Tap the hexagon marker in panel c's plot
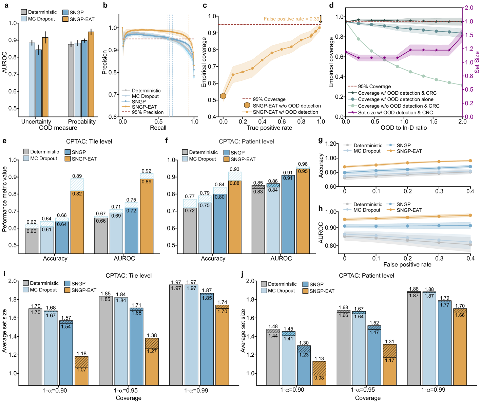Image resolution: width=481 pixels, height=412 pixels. tap(223, 96)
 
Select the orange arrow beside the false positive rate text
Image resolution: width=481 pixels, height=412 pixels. tap(321, 19)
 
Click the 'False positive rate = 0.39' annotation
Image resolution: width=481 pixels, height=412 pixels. tap(291, 19)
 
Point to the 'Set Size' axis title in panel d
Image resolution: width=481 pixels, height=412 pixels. tap(477, 62)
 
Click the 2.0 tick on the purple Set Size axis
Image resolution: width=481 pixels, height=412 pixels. tap(469, 8)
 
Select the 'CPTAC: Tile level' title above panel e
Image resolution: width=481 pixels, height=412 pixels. tap(89, 142)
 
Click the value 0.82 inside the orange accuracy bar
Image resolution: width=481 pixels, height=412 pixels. tap(77, 194)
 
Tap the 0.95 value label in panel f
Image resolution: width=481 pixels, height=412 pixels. tap(303, 171)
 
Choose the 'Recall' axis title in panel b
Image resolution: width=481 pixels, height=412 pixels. tap(158, 128)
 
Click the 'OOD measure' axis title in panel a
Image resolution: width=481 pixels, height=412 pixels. tap(58, 128)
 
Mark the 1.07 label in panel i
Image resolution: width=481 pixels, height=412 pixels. tap(81, 370)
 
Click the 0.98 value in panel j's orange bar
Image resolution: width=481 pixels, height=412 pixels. tap(319, 378)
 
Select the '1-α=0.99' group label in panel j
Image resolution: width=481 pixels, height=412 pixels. tap(433, 390)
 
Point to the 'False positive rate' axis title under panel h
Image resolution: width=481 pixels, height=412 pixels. tap(407, 265)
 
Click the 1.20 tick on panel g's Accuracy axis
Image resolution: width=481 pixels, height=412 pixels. tap(331, 144)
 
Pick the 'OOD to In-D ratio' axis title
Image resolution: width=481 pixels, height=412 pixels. tap(404, 128)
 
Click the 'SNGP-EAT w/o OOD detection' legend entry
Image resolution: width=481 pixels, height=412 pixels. tap(287, 106)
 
